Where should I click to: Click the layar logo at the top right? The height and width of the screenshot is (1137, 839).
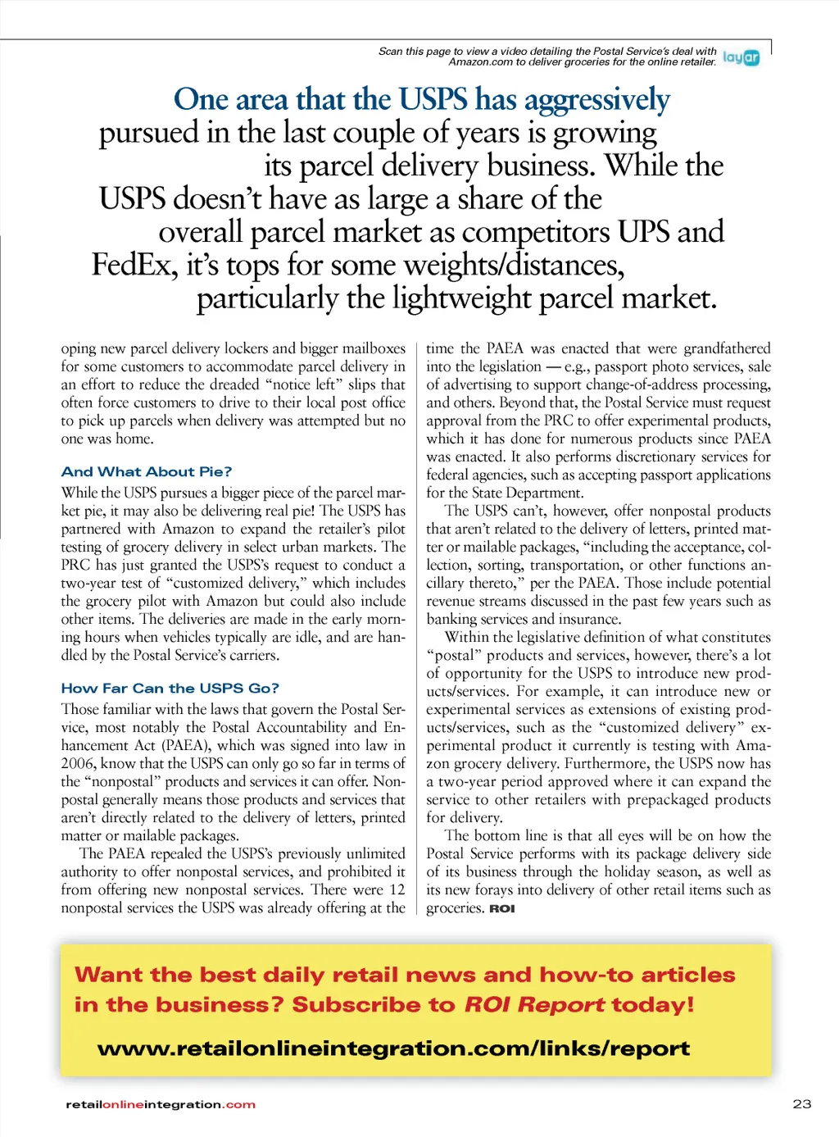pos(741,57)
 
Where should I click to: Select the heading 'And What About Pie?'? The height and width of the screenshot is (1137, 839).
pos(146,471)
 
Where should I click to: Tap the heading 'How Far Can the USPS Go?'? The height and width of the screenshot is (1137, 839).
pos(170,688)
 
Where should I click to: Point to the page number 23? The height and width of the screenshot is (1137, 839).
pos(802,1103)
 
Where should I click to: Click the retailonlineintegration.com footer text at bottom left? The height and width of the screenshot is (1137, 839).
pos(161,1104)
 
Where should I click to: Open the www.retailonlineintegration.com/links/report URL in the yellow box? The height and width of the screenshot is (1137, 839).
pos(393,1048)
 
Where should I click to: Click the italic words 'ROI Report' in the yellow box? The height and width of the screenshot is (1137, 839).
pos(534,1005)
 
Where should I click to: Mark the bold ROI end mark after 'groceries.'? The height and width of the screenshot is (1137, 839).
pos(502,908)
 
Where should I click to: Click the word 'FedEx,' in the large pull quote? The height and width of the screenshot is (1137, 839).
pos(134,265)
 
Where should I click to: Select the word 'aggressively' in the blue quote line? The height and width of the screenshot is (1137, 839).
pos(596,100)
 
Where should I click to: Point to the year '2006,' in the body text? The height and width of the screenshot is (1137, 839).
pos(79,763)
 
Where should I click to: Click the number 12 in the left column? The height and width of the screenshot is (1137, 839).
pos(397,889)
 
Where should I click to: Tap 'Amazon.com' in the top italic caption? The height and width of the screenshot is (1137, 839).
pos(480,61)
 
